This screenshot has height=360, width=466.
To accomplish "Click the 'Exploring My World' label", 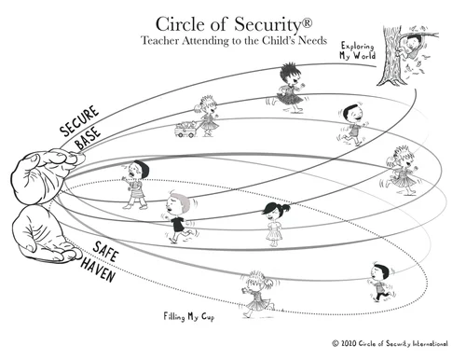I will pyautogui.click(x=359, y=50).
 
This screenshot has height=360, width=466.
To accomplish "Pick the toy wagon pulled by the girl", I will pyautogui.click(x=185, y=130).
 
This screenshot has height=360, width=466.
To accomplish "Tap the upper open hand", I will pyautogui.click(x=39, y=173).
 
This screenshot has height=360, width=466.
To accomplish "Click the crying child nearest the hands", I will pyautogui.click(x=136, y=182).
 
